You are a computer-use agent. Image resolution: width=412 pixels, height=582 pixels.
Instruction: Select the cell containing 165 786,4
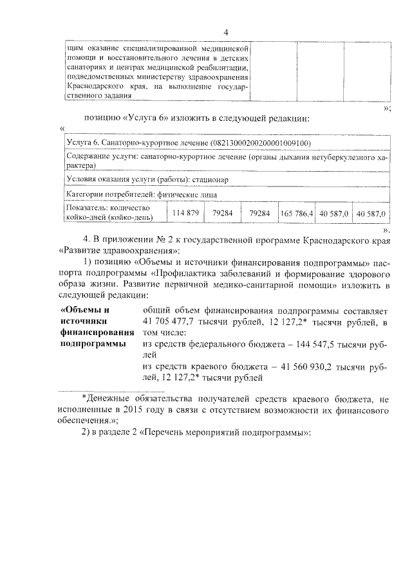[x=296, y=213]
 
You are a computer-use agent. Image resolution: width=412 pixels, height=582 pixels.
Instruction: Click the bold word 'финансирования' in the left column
[x=97, y=333]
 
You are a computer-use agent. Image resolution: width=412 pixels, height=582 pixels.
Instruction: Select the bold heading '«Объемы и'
[x=84, y=310]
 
